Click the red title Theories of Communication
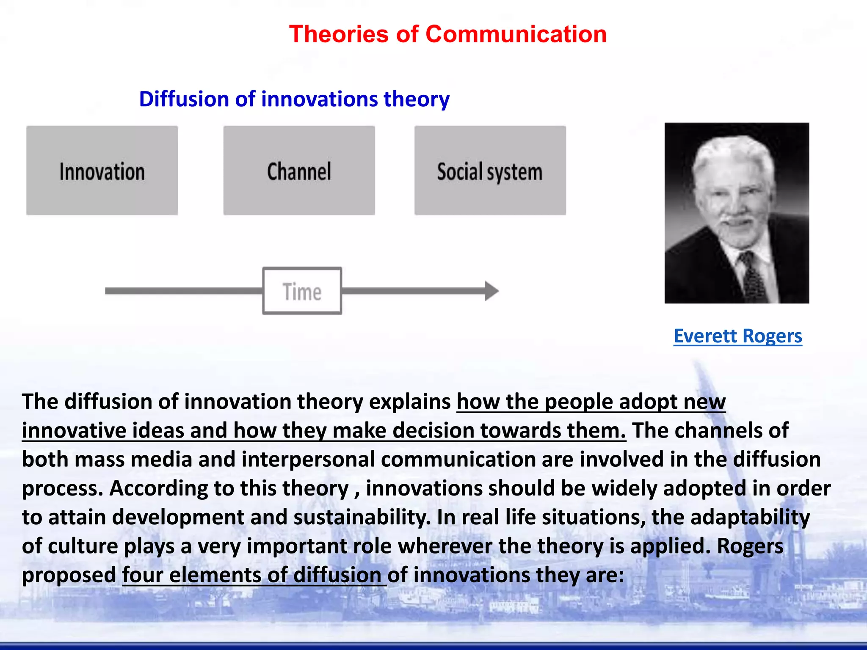tap(448, 34)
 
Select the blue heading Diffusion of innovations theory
tap(294, 99)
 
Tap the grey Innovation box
tap(102, 171)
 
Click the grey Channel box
tap(299, 171)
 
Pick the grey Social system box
tap(490, 171)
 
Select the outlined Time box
tap(302, 291)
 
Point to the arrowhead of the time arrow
tap(492, 291)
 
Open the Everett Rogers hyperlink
tap(737, 336)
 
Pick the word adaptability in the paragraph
tap(750, 518)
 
